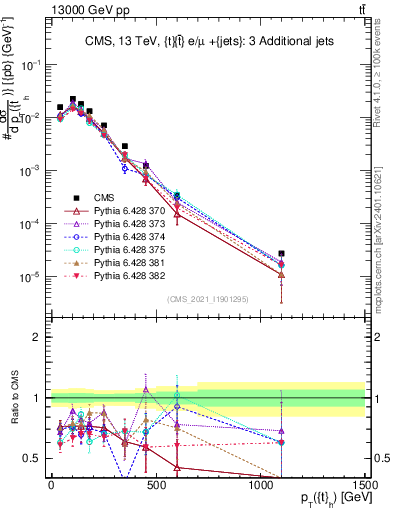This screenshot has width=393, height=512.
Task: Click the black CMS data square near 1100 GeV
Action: [x=282, y=254]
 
